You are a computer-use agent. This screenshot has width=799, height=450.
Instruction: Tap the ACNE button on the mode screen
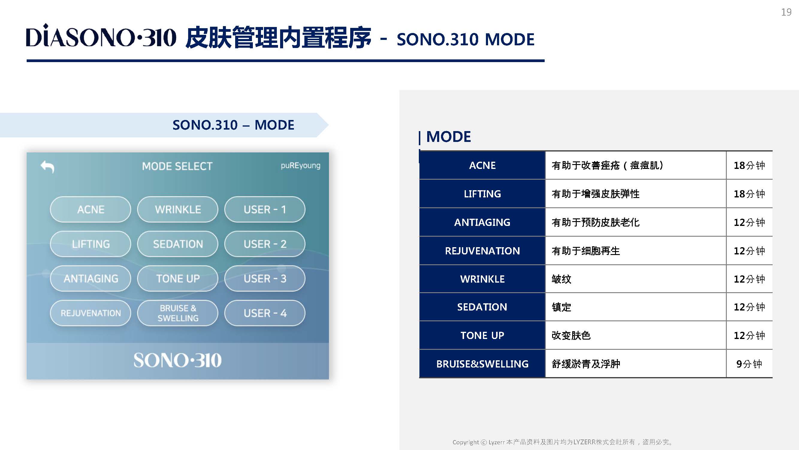90,209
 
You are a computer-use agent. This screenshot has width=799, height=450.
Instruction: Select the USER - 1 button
265,209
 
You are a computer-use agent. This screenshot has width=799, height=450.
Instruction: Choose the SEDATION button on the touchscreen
177,244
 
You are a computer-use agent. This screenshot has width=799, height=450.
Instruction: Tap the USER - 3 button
265,278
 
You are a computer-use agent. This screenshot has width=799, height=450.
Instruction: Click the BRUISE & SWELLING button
177,313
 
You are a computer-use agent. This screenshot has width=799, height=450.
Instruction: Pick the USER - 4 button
265,313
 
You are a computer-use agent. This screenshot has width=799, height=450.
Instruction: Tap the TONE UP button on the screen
177,278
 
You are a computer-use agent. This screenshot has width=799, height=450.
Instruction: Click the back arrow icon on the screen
47,166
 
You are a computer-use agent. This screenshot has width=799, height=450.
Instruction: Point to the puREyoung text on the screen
300,166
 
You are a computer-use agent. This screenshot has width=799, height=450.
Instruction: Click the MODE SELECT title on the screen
177,166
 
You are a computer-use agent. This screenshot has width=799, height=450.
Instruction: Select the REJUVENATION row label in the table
482,250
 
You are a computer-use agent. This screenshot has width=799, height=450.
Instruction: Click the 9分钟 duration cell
749,364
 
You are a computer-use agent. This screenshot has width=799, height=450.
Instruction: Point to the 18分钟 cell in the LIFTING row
749,194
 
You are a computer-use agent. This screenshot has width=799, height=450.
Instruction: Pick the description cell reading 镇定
635,307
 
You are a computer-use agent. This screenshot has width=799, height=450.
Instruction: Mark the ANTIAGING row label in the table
482,222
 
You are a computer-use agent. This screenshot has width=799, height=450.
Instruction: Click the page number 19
786,12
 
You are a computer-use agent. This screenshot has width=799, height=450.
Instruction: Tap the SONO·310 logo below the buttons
177,360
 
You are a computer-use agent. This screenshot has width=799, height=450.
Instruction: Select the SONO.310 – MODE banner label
233,125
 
